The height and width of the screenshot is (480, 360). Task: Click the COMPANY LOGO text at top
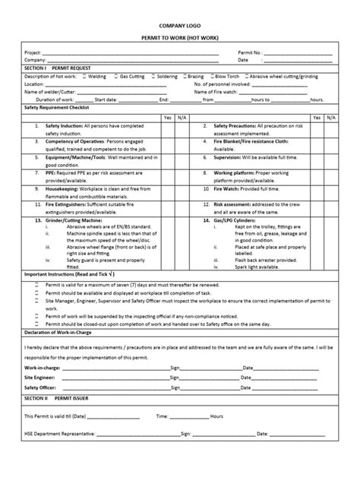[x=180, y=24]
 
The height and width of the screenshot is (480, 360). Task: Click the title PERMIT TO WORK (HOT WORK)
[x=180, y=38]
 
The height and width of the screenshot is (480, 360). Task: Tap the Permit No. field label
[x=250, y=52]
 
